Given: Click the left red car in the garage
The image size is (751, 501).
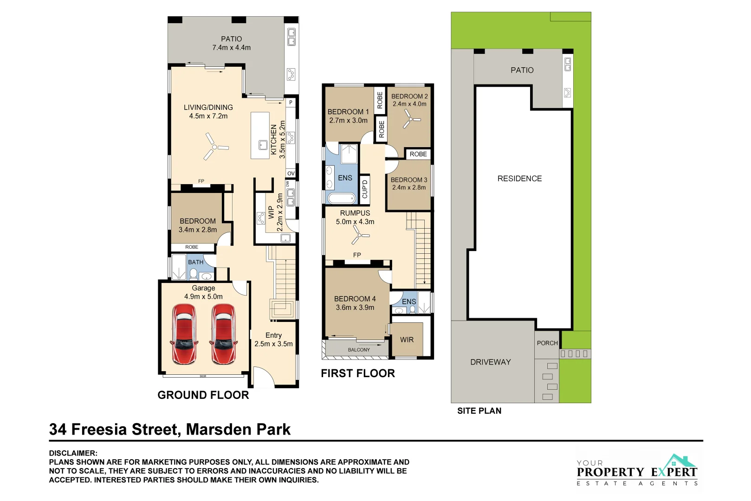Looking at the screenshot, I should pos(184,334).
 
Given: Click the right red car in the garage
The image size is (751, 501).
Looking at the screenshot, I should pos(224,334).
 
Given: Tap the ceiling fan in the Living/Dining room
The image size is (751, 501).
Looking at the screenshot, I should pos(214,147).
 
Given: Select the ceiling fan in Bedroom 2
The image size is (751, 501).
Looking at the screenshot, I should pos(409,120).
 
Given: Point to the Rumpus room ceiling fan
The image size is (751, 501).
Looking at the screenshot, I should pos(359,235).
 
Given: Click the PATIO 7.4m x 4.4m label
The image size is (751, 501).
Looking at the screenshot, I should pos(231,43).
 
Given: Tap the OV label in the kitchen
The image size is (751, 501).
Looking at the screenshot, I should pos(291,173).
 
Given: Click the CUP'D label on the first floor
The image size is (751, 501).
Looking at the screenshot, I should pos(365,189).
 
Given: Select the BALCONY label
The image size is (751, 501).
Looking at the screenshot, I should pos(359,350).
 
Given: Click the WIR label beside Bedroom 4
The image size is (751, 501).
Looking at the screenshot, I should pos(407,340).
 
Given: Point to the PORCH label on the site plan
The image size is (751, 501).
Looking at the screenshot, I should pos(547,343).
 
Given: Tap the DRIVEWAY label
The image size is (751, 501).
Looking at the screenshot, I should pos(490,362).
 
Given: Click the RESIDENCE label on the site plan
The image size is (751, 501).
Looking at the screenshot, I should pos(519,179).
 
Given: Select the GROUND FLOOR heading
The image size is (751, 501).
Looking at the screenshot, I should pos(203,395).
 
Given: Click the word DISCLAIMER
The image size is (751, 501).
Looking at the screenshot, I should pos(73,453).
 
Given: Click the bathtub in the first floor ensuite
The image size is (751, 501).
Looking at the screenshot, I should pos(342,199).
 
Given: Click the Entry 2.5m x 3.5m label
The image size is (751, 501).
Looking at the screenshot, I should pos(273,339).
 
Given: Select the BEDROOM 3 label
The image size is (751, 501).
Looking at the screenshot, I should pos(408,180).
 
